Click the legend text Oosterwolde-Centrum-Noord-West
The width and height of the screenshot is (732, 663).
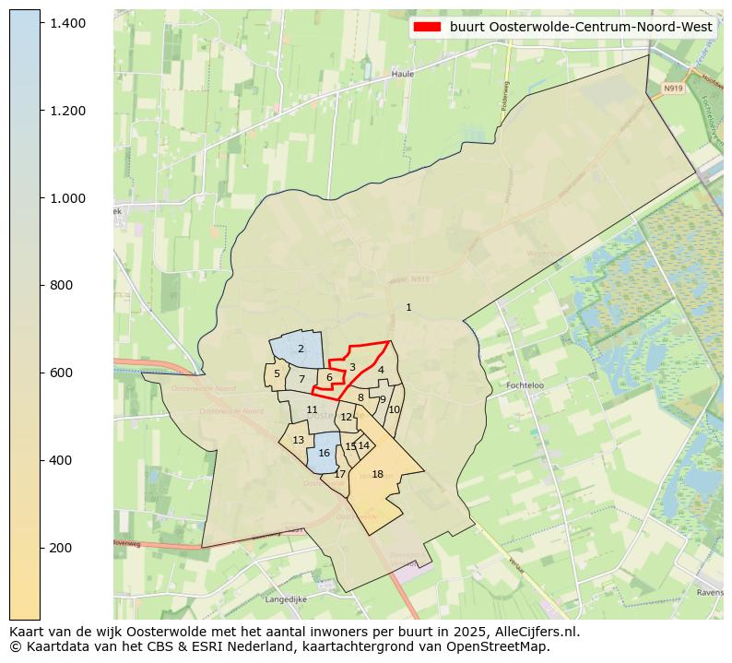(x=581, y=27)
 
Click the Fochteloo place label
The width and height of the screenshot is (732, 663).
(x=527, y=385)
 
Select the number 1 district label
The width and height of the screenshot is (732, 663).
(x=408, y=307)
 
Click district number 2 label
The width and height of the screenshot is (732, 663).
(x=301, y=349)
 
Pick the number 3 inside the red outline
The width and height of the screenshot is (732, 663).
(x=352, y=367)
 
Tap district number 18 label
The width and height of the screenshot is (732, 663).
(x=377, y=474)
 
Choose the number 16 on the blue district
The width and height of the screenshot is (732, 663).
(x=324, y=453)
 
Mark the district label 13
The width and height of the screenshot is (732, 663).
(x=298, y=440)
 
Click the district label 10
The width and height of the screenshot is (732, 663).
(x=394, y=409)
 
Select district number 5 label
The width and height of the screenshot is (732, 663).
(x=277, y=373)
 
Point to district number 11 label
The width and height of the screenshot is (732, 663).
(x=312, y=409)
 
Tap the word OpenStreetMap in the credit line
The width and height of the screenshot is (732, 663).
(x=505, y=646)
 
